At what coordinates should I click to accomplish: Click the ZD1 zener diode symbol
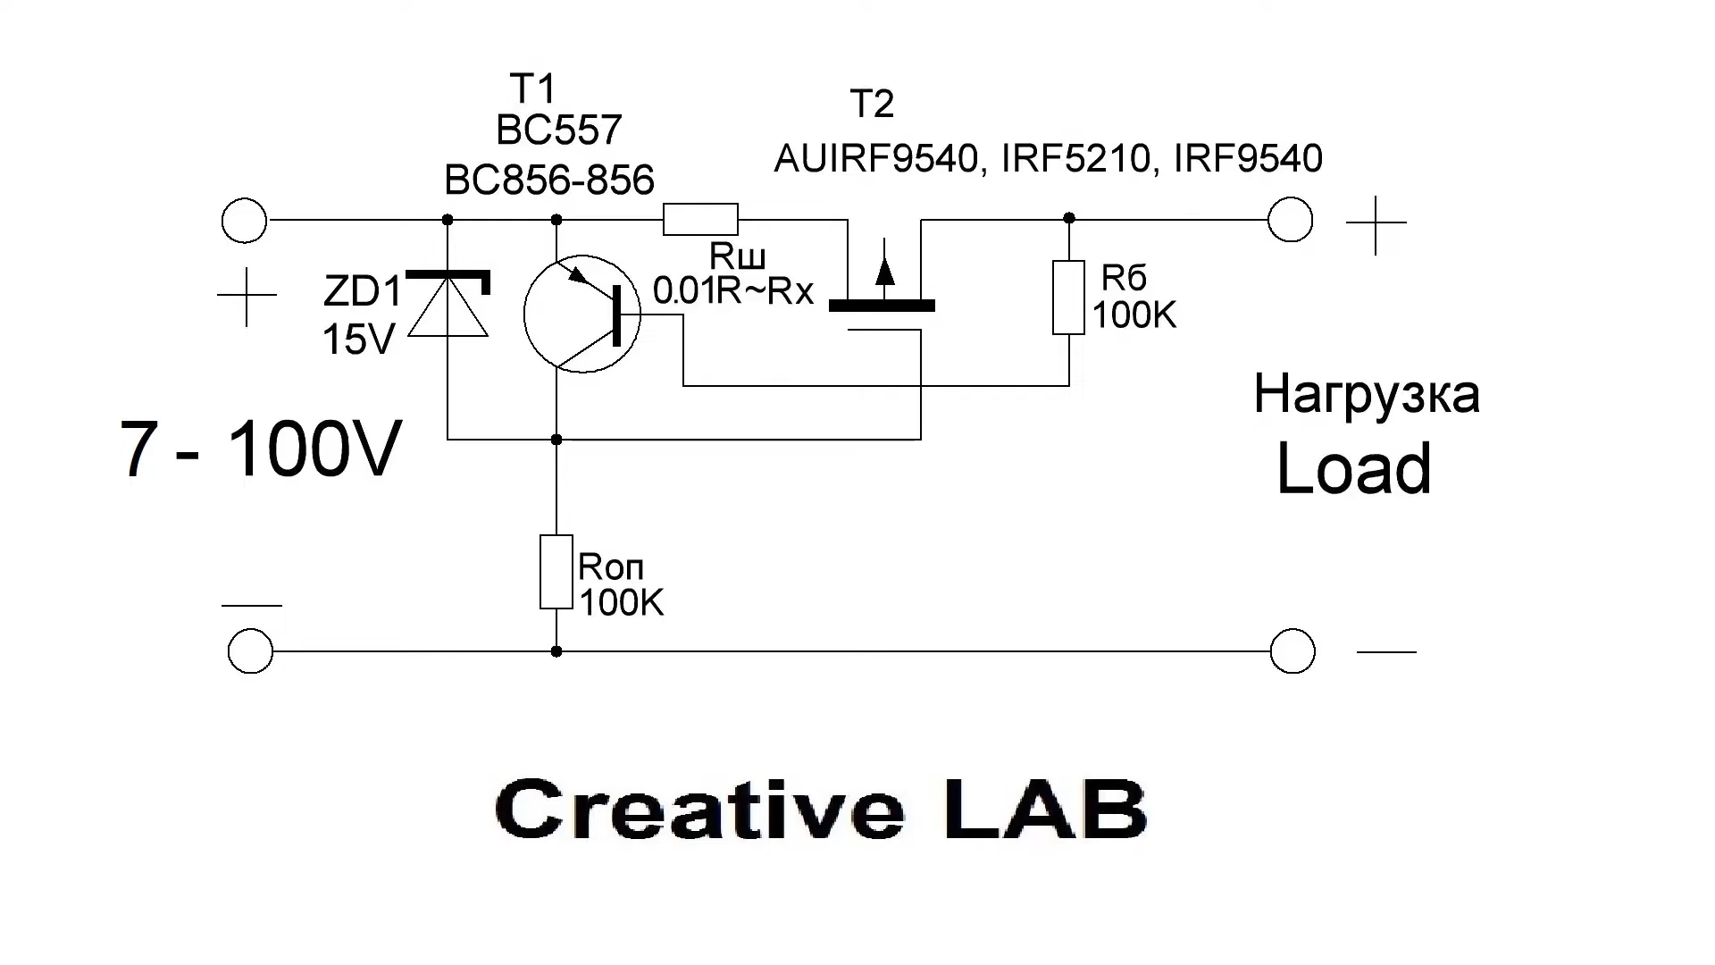click(448, 304)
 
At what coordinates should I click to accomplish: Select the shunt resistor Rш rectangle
click(700, 219)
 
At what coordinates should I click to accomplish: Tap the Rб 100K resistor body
click(1068, 298)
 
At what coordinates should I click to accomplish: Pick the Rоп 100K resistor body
click(556, 572)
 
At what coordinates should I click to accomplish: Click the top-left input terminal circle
click(244, 220)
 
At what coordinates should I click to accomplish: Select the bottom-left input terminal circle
click(250, 650)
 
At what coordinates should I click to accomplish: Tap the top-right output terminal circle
click(1290, 220)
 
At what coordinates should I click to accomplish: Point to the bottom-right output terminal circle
click(1293, 650)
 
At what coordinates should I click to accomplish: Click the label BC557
click(558, 130)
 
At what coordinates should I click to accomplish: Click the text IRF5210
click(1075, 158)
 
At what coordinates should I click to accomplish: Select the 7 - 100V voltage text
click(260, 449)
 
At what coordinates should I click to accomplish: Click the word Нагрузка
click(1367, 394)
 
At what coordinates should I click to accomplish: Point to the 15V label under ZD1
click(358, 340)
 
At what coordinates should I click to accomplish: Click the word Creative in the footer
click(699, 808)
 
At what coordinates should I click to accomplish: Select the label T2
click(872, 104)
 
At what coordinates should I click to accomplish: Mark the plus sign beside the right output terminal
click(1376, 223)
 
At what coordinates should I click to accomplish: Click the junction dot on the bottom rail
click(556, 651)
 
